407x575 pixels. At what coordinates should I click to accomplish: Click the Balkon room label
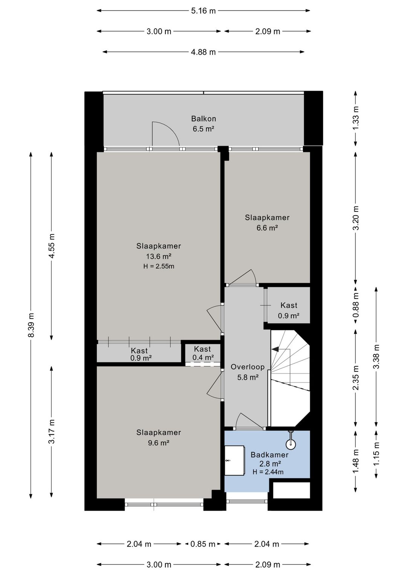pyautogui.click(x=203, y=119)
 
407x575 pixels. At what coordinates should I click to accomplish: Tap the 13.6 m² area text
pyautogui.click(x=159, y=256)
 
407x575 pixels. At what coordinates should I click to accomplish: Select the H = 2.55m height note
pyautogui.click(x=159, y=266)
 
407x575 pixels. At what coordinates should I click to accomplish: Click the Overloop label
pyautogui.click(x=248, y=367)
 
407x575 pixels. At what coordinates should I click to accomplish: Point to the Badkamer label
pyautogui.click(x=269, y=455)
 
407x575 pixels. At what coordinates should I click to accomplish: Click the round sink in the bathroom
pyautogui.click(x=291, y=444)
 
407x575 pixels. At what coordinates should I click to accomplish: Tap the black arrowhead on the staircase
pyautogui.click(x=275, y=349)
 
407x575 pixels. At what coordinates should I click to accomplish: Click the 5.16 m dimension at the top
pyautogui.click(x=203, y=11)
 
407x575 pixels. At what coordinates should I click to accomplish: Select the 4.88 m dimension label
pyautogui.click(x=203, y=52)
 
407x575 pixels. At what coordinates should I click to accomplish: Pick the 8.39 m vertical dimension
pyautogui.click(x=31, y=325)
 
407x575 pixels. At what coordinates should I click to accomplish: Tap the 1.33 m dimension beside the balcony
pyautogui.click(x=356, y=118)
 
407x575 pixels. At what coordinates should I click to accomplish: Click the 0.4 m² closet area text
pyautogui.click(x=203, y=357)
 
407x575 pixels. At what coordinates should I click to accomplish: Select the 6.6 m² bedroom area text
pyautogui.click(x=267, y=228)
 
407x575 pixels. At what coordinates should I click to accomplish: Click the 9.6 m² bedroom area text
pyautogui.click(x=159, y=443)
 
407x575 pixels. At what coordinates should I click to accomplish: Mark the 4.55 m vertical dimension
pyautogui.click(x=52, y=246)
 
